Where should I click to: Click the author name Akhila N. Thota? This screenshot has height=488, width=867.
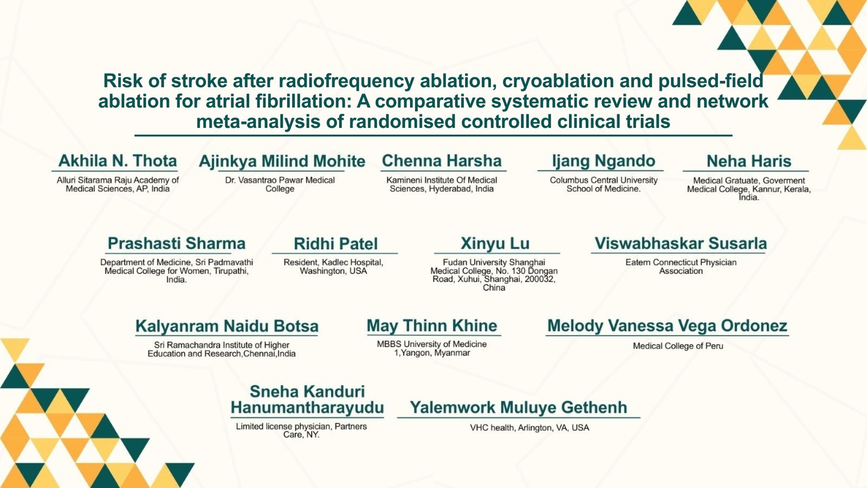click(x=118, y=160)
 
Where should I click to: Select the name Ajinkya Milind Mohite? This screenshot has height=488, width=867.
click(x=282, y=161)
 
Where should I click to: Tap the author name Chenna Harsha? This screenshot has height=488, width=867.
click(x=442, y=160)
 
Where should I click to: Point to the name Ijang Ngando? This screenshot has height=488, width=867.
click(x=604, y=161)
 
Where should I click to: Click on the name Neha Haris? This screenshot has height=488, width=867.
click(x=749, y=161)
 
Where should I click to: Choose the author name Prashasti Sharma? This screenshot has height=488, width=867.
click(x=177, y=243)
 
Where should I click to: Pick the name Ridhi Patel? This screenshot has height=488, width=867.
click(x=335, y=243)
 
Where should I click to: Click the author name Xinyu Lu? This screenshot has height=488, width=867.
click(x=495, y=243)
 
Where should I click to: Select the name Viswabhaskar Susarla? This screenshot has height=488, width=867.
click(x=681, y=243)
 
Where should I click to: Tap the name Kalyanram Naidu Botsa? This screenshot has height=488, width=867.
click(x=227, y=326)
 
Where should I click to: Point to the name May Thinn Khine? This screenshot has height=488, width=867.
click(x=432, y=326)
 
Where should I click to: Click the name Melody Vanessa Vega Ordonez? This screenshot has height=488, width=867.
click(x=667, y=326)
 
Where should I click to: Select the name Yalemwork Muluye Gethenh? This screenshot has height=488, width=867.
click(x=519, y=407)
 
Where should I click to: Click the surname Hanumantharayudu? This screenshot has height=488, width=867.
click(x=307, y=407)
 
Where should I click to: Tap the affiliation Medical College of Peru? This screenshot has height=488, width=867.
click(x=678, y=346)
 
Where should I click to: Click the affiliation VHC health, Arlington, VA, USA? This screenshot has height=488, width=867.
click(x=529, y=428)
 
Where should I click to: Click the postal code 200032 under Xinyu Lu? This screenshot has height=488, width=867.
click(x=540, y=279)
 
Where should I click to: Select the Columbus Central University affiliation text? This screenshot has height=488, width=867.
click(x=604, y=184)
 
